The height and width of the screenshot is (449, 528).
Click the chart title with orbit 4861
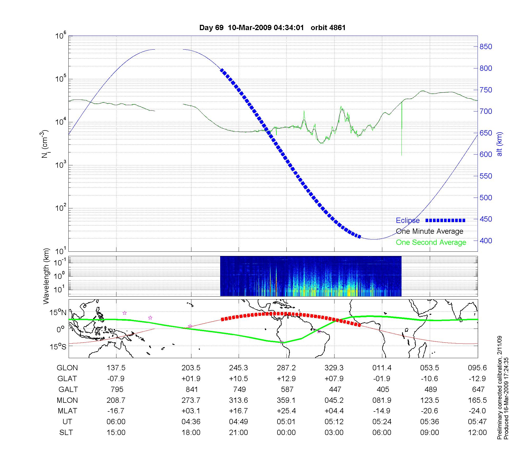click(272, 28)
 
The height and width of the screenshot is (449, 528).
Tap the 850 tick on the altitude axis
click(486, 47)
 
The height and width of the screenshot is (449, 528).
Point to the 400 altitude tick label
click(486, 241)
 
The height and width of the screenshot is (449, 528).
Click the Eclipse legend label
click(408, 221)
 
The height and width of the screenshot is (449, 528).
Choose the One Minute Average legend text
click(430, 231)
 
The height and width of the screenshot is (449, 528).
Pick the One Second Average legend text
click(431, 242)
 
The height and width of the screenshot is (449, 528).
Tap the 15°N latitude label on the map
click(58, 313)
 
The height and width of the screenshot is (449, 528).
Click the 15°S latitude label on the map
click(58, 347)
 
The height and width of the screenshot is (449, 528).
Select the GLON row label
click(67, 368)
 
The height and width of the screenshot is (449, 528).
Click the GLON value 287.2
click(286, 368)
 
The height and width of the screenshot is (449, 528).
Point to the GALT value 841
click(191, 390)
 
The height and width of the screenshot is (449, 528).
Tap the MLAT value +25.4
click(286, 411)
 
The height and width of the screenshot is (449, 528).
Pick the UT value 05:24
click(382, 422)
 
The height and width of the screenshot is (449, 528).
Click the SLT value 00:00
click(286, 433)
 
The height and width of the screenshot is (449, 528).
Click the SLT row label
click(66, 433)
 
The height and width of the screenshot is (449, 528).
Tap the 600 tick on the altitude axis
click(486, 155)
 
